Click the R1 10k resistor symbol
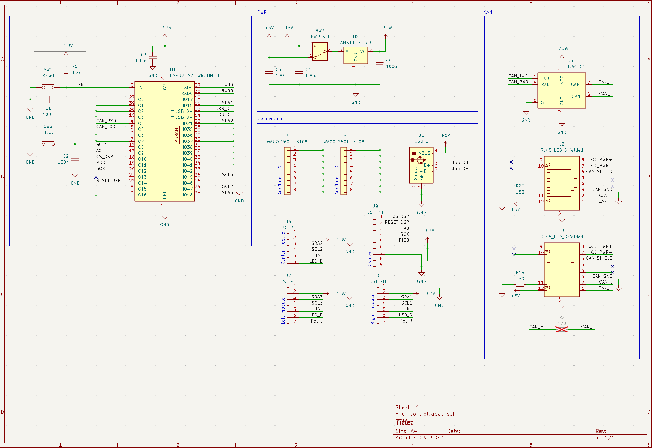tap(66, 69)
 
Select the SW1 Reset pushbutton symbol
tap(48, 87)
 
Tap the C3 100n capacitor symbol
tap(153, 58)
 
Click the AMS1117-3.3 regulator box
tap(356, 56)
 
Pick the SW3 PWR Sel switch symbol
tap(320, 52)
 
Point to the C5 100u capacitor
tap(380, 64)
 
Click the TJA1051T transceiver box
tap(562, 90)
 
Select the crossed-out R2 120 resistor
tap(562, 329)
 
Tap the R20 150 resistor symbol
tap(520, 198)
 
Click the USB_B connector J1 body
tap(421, 165)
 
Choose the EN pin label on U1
tap(139, 87)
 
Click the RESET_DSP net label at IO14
tap(108, 180)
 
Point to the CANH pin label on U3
tap(577, 84)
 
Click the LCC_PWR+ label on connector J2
tap(600, 159)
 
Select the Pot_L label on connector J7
tap(316, 321)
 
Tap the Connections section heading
tap(271, 118)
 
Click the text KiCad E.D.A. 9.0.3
tap(419, 438)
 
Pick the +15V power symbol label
tap(287, 28)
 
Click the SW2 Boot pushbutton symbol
tap(48, 144)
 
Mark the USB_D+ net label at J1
tap(459, 162)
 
